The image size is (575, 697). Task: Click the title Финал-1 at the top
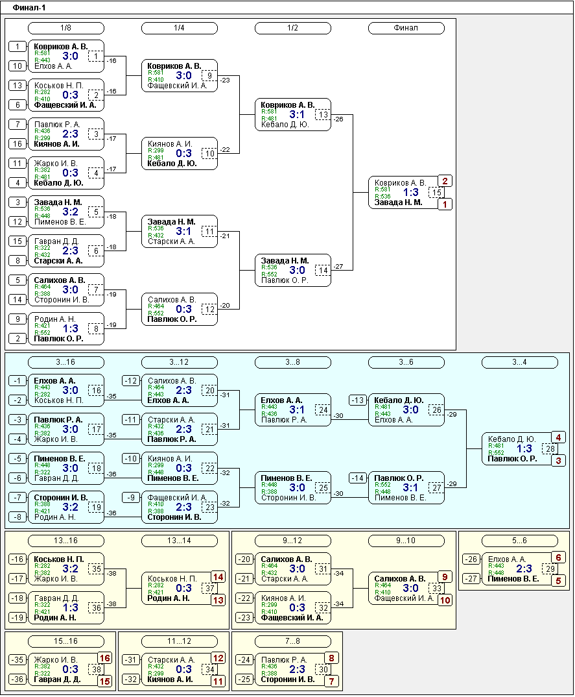[29, 8]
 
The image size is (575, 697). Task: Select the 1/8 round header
[65, 28]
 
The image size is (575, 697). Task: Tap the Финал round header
[406, 28]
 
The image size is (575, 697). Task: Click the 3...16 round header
[65, 362]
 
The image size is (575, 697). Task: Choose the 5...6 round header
[519, 541]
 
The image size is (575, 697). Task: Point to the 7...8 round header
[292, 641]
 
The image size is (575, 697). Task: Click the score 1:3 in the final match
[411, 192]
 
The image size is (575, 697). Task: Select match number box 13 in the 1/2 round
[323, 115]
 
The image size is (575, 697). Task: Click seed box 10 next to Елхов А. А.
[18, 66]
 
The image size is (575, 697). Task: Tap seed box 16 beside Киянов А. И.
[18, 143]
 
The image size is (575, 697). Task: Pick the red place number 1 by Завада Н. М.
[445, 204]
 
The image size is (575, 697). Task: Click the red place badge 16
[105, 658]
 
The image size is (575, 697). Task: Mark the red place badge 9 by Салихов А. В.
[445, 577]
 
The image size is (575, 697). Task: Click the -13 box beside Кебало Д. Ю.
[357, 400]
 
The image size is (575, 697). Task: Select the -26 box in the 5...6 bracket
[471, 559]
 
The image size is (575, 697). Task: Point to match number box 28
[550, 448]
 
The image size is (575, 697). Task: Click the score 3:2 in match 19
[70, 507]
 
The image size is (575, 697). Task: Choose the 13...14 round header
[180, 541]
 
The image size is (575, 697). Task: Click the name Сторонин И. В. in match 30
[288, 679]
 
